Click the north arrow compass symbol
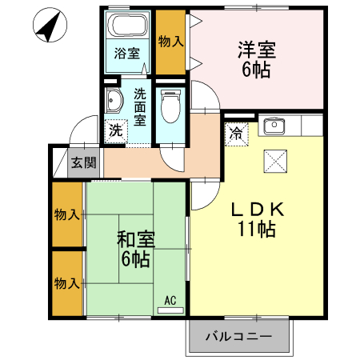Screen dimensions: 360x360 click(50, 28)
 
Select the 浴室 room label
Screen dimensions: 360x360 click(127, 54)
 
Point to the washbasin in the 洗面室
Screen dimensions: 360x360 click(114, 101)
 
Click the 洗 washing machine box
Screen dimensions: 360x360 click(116, 130)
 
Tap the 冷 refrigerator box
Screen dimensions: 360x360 click(238, 134)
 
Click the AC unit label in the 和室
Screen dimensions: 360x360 click(170, 301)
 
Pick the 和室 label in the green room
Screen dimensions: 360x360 click(136, 238)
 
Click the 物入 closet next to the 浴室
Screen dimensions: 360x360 click(170, 40)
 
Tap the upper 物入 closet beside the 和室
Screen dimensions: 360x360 click(67, 214)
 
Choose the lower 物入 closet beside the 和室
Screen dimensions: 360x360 click(67, 283)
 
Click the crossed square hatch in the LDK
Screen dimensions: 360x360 click(274, 162)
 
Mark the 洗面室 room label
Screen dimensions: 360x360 click(139, 106)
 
